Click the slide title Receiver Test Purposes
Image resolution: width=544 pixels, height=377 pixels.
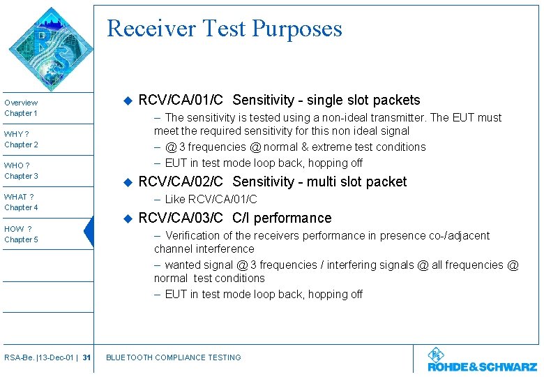coord(225,29)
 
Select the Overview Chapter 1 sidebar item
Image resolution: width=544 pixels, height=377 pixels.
coord(22,108)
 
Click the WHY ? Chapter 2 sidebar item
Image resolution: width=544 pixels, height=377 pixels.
coord(22,139)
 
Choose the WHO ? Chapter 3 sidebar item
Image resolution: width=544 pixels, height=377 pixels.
coord(22,170)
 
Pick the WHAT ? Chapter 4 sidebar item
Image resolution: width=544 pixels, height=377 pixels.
coord(22,202)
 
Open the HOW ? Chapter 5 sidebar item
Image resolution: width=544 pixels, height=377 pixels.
coord(22,234)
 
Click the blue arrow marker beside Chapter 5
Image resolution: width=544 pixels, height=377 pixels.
coord(88,232)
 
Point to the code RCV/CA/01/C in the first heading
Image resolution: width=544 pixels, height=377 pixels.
coord(181,100)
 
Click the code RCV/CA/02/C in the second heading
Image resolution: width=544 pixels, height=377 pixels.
coord(181,182)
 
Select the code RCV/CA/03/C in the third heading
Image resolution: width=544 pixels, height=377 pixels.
coord(181,218)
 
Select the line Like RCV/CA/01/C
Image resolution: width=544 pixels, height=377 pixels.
coord(211,200)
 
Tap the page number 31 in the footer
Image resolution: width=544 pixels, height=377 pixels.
coord(86,357)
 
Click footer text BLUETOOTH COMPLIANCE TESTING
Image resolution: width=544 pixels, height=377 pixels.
coord(173,357)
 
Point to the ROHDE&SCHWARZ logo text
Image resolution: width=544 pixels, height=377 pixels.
coord(482,367)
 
